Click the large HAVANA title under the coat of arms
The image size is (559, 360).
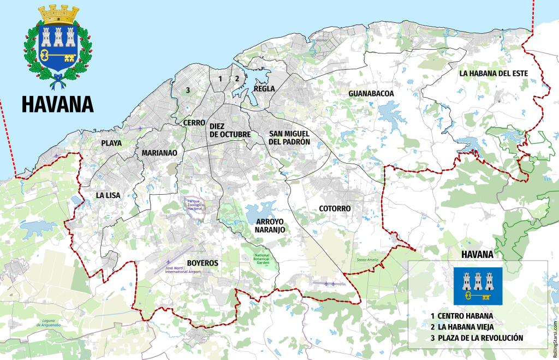click(x=58, y=103)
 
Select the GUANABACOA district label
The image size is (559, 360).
click(x=371, y=93)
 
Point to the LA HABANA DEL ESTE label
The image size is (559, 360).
click(x=493, y=73)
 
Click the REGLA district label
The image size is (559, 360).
click(x=264, y=89)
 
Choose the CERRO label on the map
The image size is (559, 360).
click(x=194, y=123)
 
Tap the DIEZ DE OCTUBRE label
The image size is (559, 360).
click(x=230, y=130)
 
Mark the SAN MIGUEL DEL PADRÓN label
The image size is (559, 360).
click(x=289, y=137)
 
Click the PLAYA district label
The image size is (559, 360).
click(x=111, y=143)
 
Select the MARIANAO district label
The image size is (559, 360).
click(x=159, y=153)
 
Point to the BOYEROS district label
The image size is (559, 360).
click(x=203, y=263)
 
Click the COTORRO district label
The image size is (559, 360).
click(x=335, y=208)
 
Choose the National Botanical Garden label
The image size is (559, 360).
click(x=263, y=259)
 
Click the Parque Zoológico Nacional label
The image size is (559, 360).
click(x=195, y=205)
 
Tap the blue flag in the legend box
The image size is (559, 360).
click(x=478, y=286)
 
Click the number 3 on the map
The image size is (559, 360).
click(x=187, y=90)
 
